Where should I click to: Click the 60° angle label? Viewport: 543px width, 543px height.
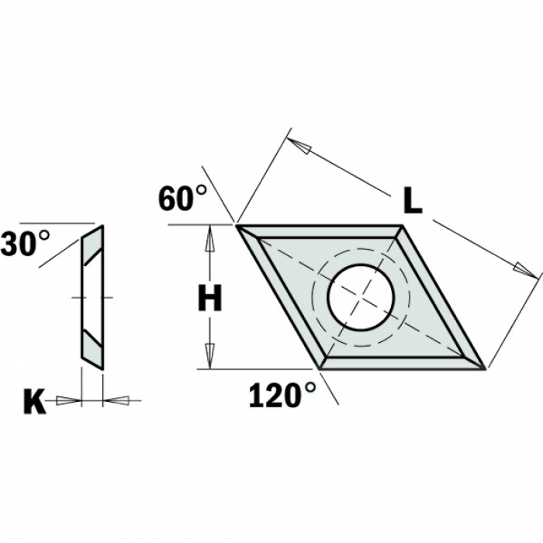182,199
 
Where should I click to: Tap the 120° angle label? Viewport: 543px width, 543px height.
282,395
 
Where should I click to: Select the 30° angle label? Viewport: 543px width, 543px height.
25,244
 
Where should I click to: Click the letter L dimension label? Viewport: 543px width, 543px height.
413,201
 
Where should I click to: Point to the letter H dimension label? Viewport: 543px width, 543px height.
210,298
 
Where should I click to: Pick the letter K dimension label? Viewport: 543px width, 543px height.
34,402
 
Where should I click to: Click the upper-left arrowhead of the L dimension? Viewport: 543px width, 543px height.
299,145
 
